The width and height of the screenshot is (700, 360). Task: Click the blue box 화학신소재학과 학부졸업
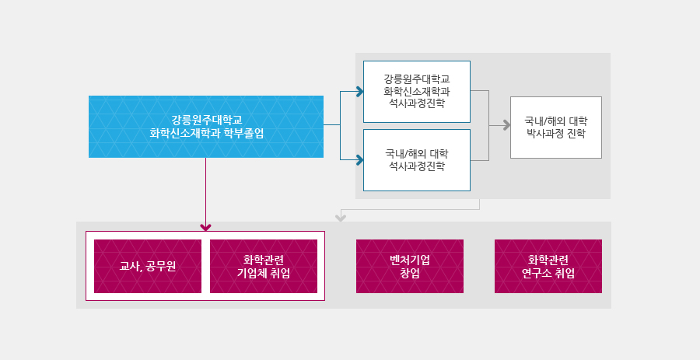[205, 127]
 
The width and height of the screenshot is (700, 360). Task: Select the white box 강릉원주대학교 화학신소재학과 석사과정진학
[417, 92]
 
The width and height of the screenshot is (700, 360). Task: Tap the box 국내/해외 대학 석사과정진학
[417, 159]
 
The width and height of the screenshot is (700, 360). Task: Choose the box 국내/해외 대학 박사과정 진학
[555, 128]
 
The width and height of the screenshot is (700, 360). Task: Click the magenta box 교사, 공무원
[148, 267]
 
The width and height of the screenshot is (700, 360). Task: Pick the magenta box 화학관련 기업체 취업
[264, 267]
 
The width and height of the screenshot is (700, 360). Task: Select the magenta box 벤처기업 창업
[410, 267]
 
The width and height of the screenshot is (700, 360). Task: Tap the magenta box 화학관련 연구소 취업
[548, 267]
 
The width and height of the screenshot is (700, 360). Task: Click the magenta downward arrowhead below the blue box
[205, 227]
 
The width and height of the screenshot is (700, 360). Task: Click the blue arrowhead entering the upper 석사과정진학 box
[359, 92]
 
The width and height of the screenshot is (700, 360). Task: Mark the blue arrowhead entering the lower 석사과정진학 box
[359, 161]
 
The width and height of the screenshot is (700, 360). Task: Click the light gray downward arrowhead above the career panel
[340, 216]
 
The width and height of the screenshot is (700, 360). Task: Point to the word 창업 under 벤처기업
[410, 274]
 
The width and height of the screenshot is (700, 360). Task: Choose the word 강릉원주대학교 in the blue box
[207, 120]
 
